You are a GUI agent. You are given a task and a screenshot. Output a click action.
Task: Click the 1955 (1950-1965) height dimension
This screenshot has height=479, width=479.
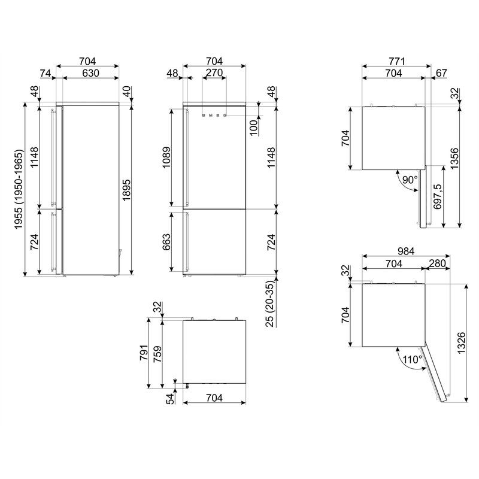pyautogui.click(x=19, y=189)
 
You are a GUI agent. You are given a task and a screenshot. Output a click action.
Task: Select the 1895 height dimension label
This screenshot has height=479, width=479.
pyautogui.click(x=126, y=190)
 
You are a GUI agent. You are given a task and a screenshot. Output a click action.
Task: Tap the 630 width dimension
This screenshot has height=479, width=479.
pyautogui.click(x=91, y=73)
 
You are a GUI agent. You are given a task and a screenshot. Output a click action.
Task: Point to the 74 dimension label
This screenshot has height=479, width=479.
pyautogui.click(x=46, y=73)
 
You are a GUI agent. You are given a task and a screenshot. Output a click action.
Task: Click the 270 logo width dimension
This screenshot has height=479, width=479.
pyautogui.click(x=214, y=73)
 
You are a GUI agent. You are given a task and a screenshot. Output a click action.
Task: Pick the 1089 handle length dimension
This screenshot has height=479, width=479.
pyautogui.click(x=167, y=157)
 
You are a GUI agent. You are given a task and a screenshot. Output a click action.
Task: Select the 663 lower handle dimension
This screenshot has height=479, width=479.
pyautogui.click(x=167, y=242)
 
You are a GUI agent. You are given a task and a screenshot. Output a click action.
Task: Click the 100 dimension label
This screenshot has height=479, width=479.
pyautogui.click(x=254, y=128)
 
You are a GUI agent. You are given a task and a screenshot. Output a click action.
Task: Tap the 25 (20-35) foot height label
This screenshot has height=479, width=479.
pyautogui.click(x=271, y=304)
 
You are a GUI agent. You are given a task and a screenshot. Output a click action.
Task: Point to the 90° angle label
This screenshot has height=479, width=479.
pyautogui.click(x=410, y=180)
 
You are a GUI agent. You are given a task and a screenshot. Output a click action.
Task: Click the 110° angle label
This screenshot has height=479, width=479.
pyautogui.click(x=413, y=359)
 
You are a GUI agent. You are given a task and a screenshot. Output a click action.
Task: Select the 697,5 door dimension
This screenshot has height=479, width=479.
pyautogui.click(x=438, y=196)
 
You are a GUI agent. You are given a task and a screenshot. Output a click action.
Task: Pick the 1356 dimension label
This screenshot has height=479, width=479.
pyautogui.click(x=454, y=158)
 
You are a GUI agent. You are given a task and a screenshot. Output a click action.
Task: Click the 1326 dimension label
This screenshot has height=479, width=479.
pyautogui.click(x=461, y=342)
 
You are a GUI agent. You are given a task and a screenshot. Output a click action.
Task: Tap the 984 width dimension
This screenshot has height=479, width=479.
pyautogui.click(x=406, y=251)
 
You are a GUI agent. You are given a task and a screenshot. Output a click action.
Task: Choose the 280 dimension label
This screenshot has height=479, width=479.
pyautogui.click(x=438, y=263)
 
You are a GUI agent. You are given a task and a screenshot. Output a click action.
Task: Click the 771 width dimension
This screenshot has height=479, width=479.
pyautogui.click(x=397, y=61)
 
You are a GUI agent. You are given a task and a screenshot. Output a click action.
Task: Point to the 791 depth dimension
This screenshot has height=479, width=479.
pyautogui.click(x=144, y=353)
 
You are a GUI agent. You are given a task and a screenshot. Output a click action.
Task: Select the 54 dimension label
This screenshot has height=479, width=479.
pyautogui.click(x=170, y=399)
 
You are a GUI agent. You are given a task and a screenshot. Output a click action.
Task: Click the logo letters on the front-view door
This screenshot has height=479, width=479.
pyautogui.click(x=214, y=116)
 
